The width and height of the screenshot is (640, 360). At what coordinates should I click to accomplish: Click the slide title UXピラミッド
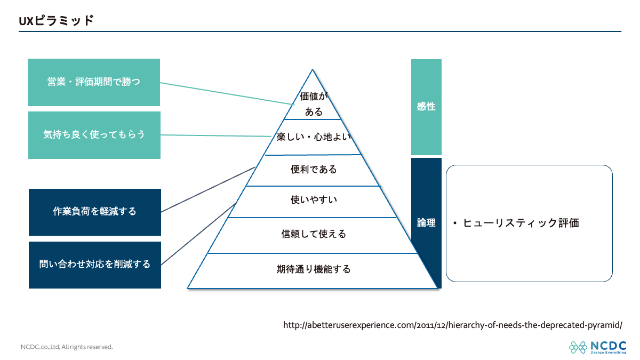pos(56,21)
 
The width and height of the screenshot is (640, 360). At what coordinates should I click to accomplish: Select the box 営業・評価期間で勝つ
pos(94,82)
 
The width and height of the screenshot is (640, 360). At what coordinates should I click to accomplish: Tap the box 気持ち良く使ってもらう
pos(94,135)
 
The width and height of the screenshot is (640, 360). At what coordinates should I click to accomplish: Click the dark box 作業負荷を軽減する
pos(94,212)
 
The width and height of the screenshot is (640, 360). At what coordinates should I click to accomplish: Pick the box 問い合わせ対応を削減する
pos(94,265)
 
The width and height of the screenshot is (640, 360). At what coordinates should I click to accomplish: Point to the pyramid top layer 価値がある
pos(313,103)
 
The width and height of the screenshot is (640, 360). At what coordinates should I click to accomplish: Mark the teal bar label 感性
pos(426,107)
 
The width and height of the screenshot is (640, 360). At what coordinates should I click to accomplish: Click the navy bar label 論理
pos(426,223)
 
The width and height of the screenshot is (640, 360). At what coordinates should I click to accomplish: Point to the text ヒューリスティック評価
pos(521,223)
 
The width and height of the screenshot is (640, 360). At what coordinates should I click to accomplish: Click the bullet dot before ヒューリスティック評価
pos(454,223)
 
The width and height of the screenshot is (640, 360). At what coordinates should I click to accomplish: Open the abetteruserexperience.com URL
pos(452,325)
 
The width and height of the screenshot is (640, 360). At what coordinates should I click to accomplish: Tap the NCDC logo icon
pos(578,347)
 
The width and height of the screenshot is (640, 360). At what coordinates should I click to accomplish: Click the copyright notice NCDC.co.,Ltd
pos(67,347)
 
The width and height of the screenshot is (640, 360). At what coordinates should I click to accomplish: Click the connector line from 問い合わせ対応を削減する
pos(197,234)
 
